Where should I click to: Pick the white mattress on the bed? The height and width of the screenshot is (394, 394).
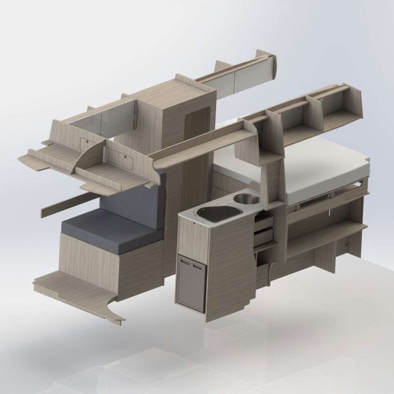(x=315, y=165)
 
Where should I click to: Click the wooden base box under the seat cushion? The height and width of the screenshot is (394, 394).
(x=91, y=264)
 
